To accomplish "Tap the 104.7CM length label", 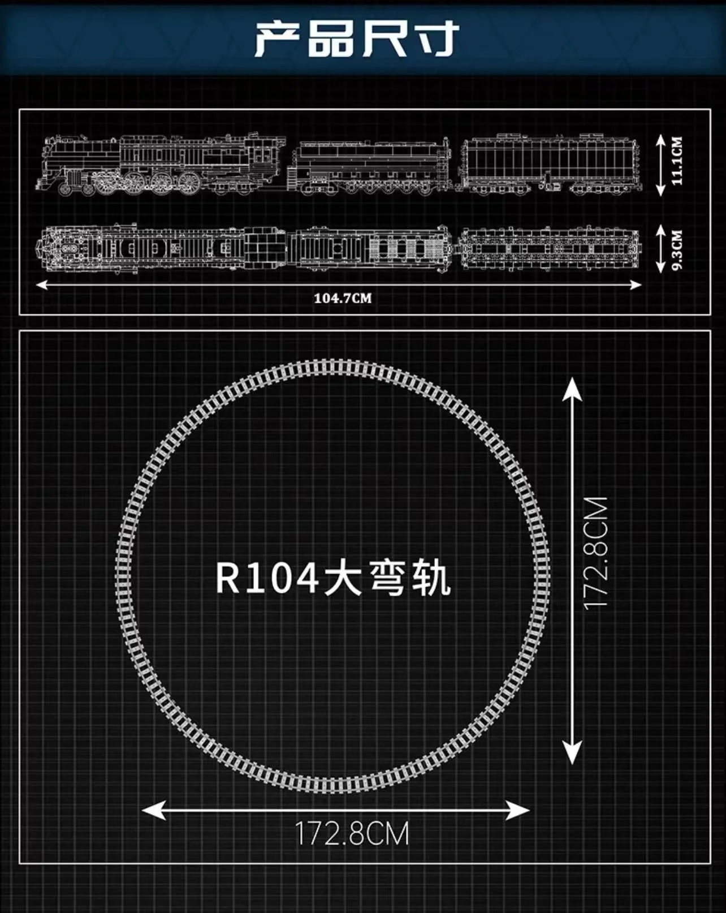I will click(x=343, y=298).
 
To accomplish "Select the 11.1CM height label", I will click(x=677, y=161).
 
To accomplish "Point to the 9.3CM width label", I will click(x=677, y=249).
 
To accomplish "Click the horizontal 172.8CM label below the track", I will click(x=352, y=834).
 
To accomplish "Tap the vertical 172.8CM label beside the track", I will click(x=595, y=554).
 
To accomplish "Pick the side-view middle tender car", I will click(x=370, y=167).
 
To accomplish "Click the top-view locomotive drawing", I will click(x=161, y=248).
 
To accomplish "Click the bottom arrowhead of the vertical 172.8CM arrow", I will click(x=572, y=753).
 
